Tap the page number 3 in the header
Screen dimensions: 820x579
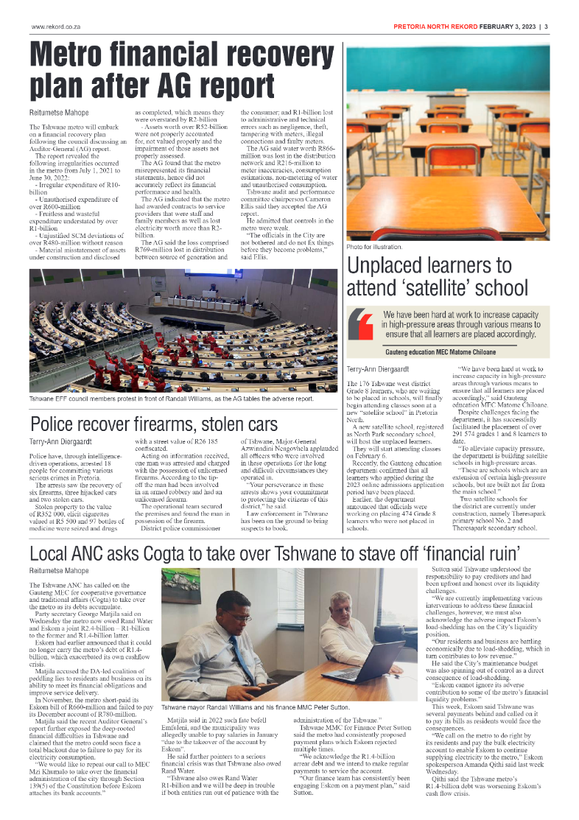[546, 27]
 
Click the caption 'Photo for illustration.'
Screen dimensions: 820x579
[374, 246]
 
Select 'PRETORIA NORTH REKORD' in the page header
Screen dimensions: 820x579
[435, 27]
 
